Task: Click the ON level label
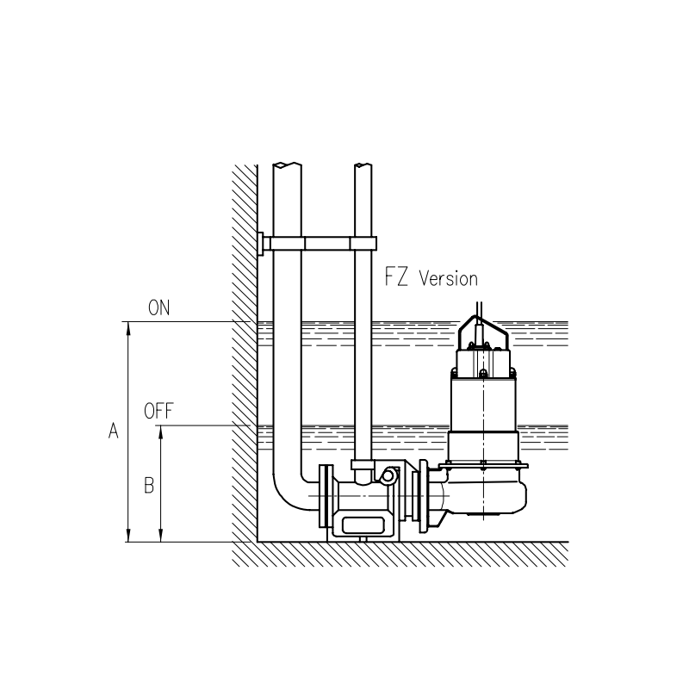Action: tap(158, 307)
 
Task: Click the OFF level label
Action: tap(158, 411)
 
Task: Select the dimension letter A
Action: tap(114, 431)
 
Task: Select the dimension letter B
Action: tap(149, 486)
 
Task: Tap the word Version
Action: tap(448, 278)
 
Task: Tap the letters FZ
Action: tap(396, 276)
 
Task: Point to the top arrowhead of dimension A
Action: tap(128, 328)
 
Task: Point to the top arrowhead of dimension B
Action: tap(161, 432)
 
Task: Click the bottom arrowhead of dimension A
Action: tap(128, 535)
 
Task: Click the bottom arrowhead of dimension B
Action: tap(161, 535)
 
